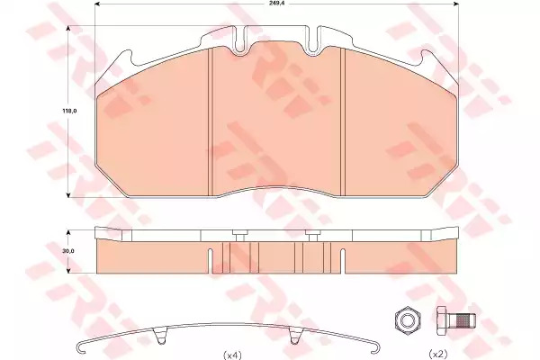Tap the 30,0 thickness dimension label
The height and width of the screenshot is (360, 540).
point(68,251)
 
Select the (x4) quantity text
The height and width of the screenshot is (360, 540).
point(233,355)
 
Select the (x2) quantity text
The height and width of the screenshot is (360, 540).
point(438,354)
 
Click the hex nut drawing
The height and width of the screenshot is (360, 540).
point(408,320)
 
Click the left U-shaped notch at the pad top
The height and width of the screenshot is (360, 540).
point(241,41)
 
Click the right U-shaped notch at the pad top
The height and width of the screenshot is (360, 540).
point(313,40)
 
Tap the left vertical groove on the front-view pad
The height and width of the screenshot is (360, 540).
point(211,121)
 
